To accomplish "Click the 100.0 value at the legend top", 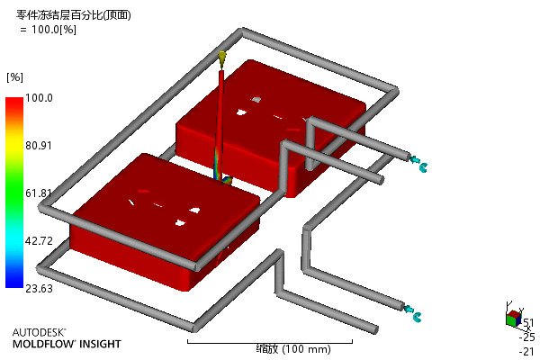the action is [39, 98].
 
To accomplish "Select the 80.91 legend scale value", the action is [39, 146].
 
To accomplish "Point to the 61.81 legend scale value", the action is [39, 193].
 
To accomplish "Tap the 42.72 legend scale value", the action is [39, 240].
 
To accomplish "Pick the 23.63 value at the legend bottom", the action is [39, 288].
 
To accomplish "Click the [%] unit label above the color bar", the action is [14, 77].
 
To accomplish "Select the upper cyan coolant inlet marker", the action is [418, 163].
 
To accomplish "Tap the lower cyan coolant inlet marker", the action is [412, 313].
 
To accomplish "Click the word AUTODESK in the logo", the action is [39, 332].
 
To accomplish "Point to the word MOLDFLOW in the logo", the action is [43, 344].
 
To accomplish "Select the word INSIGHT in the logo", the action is [100, 344].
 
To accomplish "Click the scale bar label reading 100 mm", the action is [307, 349].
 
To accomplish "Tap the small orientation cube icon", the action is [514, 318].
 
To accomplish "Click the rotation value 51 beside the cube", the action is [528, 323].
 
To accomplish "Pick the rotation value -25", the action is [526, 337].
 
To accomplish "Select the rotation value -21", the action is [526, 351].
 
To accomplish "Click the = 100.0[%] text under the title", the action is [49, 30].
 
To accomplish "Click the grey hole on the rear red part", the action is [256, 100].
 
